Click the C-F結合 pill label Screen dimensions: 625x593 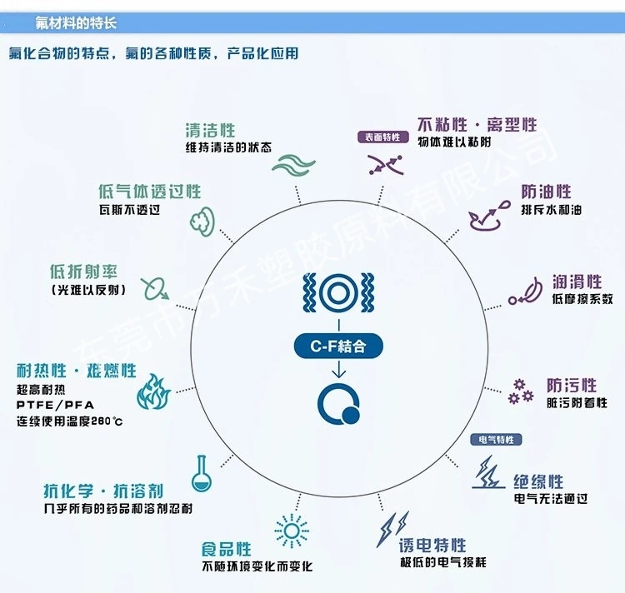point(338,346)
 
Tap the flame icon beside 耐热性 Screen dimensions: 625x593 point(154,392)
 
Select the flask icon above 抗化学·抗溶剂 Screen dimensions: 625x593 point(202,474)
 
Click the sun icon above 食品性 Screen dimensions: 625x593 point(292,531)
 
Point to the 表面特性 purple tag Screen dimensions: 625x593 point(383,137)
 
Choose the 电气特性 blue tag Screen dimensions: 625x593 point(497,440)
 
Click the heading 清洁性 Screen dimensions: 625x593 point(210,131)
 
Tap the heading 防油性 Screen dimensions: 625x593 point(546,192)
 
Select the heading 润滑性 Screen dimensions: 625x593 point(577,282)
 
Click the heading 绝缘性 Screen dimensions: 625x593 point(538,481)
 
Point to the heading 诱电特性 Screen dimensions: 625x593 point(432,546)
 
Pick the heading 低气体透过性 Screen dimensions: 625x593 point(149,192)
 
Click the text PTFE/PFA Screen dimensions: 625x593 point(55,405)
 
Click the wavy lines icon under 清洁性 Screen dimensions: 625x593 point(294,164)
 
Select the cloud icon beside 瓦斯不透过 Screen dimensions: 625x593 point(202,222)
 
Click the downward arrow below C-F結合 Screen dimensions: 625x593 point(339,369)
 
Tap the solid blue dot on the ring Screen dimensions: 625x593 point(351,415)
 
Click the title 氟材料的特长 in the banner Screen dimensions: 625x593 point(76,22)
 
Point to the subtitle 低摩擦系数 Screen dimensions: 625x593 point(582,299)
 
